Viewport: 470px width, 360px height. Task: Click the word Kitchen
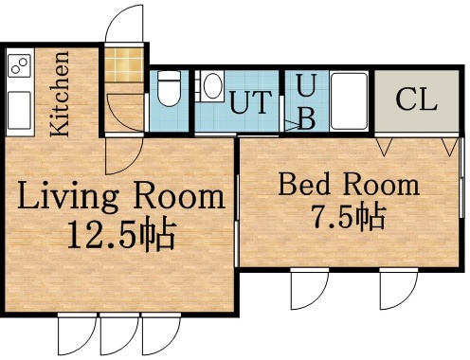(60, 95)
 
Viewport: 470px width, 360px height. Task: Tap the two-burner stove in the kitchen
(20, 66)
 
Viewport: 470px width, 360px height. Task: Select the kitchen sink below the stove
(19, 101)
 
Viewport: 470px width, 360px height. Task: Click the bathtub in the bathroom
(348, 101)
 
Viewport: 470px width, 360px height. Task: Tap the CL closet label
(417, 99)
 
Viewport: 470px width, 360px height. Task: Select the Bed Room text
(347, 183)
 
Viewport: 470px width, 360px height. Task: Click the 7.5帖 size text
(348, 217)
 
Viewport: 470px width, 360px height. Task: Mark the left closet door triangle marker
(384, 147)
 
